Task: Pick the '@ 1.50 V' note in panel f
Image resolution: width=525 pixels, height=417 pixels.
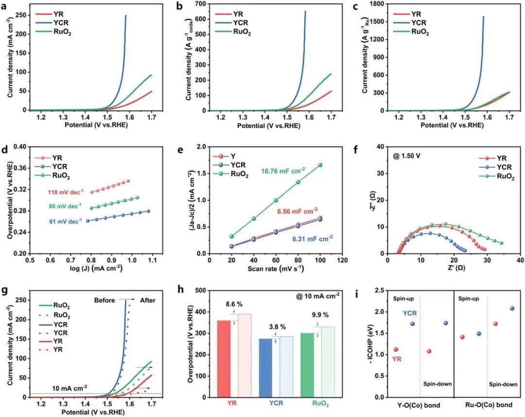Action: coord(404,157)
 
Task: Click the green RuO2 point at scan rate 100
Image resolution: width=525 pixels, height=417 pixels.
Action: coord(320,165)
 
